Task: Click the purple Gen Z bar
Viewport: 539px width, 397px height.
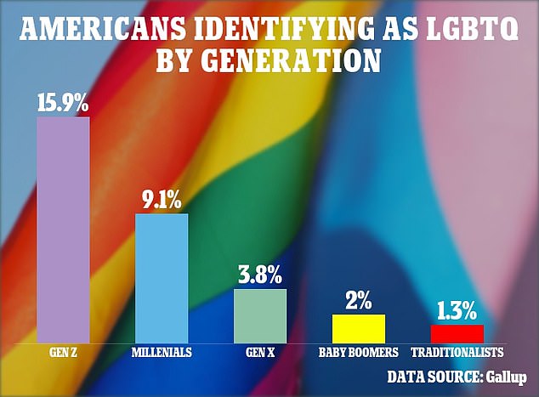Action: pos(63,230)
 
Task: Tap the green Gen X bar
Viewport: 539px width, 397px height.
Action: pos(260,315)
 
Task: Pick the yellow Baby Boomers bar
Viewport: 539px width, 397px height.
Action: pos(359,328)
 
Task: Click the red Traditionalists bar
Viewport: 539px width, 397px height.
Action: pos(457,333)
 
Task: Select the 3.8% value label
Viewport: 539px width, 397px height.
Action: pos(261,275)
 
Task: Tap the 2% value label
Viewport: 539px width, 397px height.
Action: pos(359,301)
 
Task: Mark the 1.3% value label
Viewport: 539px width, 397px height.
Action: pos(457,311)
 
